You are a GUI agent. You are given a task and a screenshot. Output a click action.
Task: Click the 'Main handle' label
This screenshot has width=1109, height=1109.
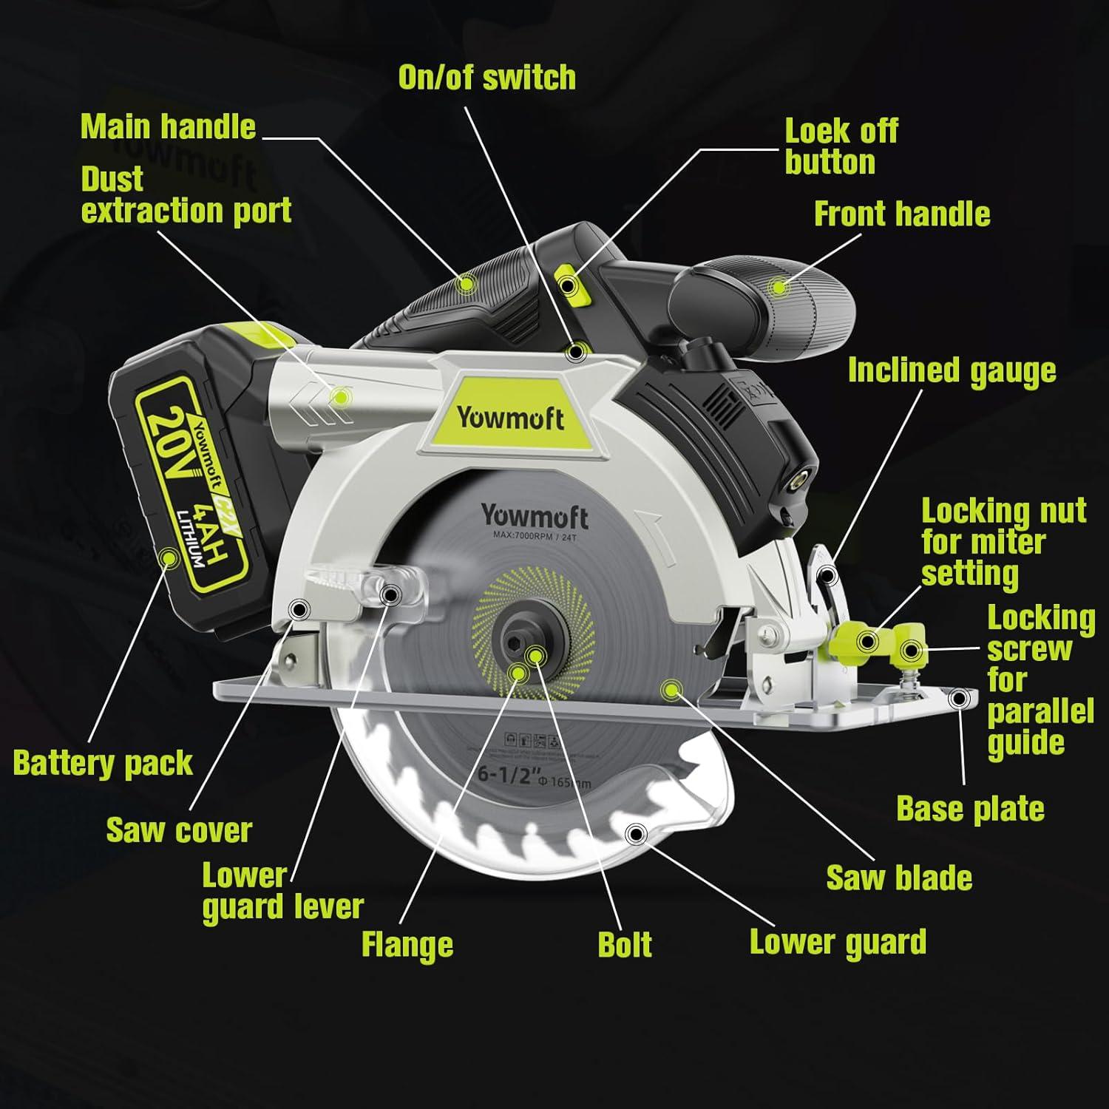[168, 126]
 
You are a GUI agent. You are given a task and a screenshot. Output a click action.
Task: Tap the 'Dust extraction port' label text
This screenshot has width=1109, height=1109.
[186, 195]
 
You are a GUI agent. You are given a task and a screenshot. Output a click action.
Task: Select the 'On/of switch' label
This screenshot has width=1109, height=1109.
[486, 78]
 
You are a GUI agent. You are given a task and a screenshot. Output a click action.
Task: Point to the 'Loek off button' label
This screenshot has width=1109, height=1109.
[841, 146]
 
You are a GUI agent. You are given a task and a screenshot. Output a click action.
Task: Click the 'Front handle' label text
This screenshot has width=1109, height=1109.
[901, 214]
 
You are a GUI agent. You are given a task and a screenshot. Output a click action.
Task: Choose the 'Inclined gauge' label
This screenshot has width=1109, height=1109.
[952, 370]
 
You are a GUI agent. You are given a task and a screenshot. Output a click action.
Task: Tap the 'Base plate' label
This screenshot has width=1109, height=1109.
[970, 809]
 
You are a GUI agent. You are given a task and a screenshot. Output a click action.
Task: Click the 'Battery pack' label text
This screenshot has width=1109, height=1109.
[103, 762]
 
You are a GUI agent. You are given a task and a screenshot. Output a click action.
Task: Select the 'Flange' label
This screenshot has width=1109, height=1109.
[407, 945]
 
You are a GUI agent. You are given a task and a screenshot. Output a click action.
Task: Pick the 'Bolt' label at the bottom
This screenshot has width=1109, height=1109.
[625, 945]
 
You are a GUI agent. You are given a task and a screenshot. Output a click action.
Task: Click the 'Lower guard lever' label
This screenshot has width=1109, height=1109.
[282, 892]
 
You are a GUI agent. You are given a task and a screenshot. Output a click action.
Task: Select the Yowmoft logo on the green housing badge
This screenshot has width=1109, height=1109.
[510, 418]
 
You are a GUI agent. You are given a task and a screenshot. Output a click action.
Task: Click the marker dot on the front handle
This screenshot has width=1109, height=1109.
[778, 287]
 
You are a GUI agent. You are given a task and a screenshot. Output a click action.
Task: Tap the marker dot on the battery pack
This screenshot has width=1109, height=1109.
[171, 558]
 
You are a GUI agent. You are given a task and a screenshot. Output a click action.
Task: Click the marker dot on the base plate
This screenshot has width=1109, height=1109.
[960, 698]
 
